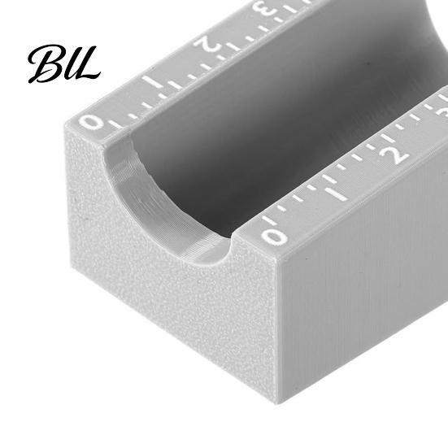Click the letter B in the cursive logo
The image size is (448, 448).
(x=46, y=63)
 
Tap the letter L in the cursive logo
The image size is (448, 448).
(x=85, y=64)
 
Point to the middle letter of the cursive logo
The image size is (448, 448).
(x=69, y=67)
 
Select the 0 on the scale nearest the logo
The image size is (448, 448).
(x=91, y=123)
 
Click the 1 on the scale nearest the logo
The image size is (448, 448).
(x=152, y=82)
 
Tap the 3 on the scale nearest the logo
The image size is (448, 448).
(x=264, y=9)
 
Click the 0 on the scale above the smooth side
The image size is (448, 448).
(x=274, y=237)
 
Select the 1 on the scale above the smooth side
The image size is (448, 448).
(x=337, y=194)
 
